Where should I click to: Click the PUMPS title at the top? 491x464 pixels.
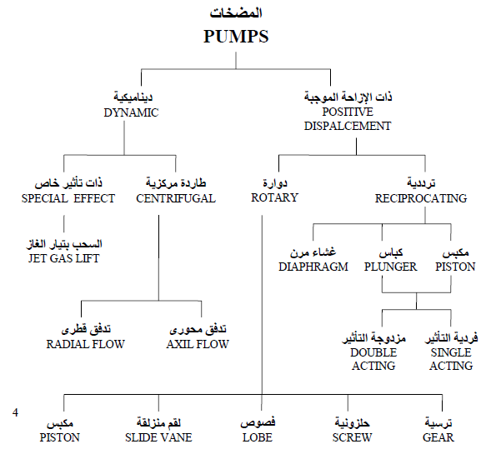click(x=236, y=37)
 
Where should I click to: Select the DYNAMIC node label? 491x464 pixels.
click(x=131, y=112)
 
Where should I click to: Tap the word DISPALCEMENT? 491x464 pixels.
click(x=348, y=126)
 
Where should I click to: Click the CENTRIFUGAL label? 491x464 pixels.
click(x=176, y=198)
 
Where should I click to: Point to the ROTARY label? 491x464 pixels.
click(x=274, y=197)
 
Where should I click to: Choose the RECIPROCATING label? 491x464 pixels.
click(x=421, y=198)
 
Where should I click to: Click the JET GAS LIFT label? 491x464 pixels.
click(x=64, y=258)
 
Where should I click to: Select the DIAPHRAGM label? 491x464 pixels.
click(x=313, y=267)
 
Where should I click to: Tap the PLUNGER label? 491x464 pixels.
click(x=390, y=267)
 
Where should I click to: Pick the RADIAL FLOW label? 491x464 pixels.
click(x=86, y=344)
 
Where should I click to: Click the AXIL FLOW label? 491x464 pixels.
click(x=198, y=344)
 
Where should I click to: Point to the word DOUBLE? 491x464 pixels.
click(x=373, y=352)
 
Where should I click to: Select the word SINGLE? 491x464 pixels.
click(x=451, y=352)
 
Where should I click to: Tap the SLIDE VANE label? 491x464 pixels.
click(x=158, y=437)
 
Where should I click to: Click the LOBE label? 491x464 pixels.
click(x=258, y=437)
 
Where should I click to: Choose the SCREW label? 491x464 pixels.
click(x=353, y=437)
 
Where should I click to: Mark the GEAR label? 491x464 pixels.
click(x=438, y=437)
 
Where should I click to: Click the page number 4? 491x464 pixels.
click(x=15, y=413)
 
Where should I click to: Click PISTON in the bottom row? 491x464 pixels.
click(x=60, y=437)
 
